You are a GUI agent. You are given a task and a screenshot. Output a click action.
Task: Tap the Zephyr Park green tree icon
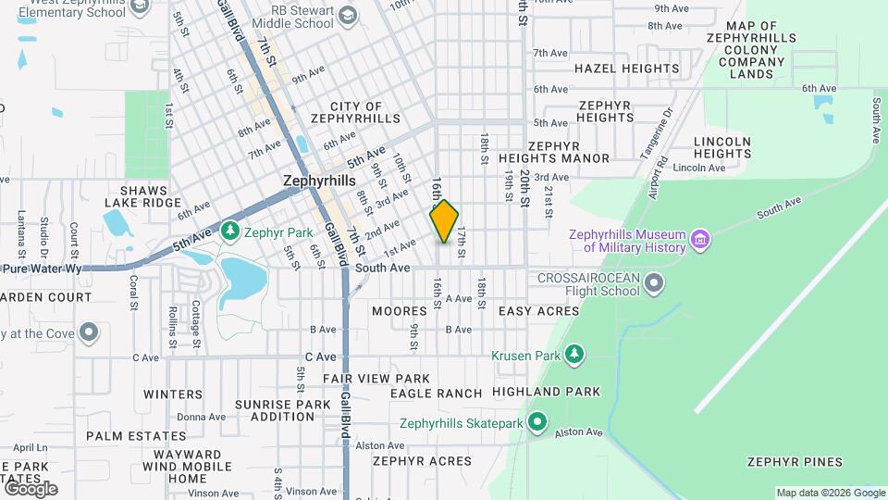click(228, 230)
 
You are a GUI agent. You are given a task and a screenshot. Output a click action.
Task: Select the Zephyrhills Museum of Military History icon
click(700, 242)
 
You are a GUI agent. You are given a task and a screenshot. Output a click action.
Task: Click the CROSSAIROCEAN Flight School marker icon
click(655, 282)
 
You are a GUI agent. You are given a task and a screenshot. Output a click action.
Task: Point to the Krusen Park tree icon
click(575, 355)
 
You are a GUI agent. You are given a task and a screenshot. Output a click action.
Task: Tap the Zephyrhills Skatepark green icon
click(537, 424)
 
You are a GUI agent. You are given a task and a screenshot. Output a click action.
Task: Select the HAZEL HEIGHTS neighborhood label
click(626, 69)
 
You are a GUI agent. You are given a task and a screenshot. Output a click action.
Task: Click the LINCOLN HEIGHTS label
click(721, 147)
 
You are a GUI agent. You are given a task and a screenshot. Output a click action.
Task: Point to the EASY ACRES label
click(538, 311)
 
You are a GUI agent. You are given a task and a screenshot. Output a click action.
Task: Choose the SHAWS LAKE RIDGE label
click(142, 196)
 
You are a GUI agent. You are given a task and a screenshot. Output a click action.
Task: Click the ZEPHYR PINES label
click(795, 462)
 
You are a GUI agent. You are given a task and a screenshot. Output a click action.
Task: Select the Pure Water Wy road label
click(42, 269)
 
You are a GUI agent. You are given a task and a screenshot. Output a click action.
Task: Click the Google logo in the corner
click(30, 488)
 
